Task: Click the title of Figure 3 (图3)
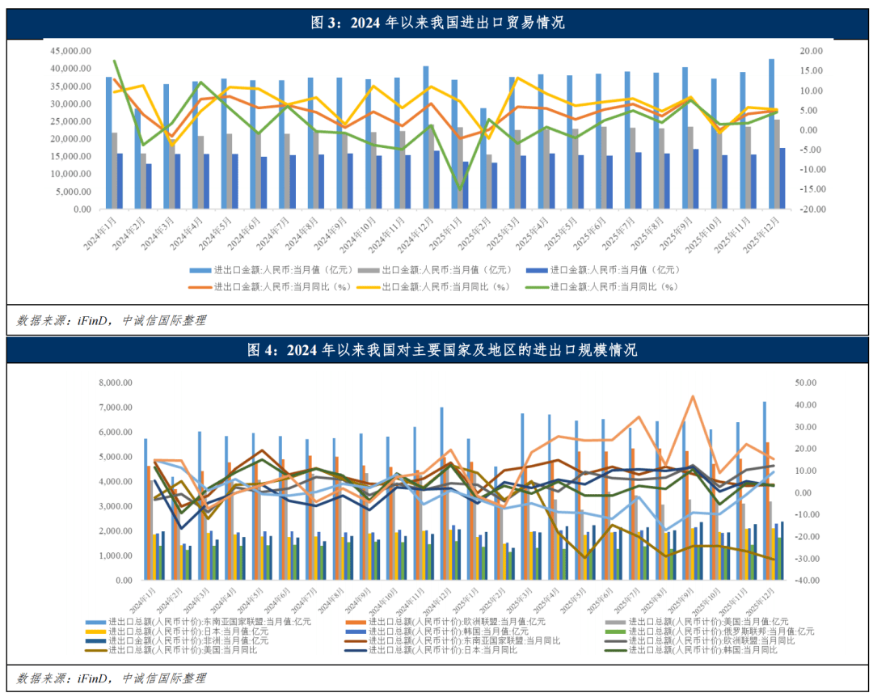tap(437, 22)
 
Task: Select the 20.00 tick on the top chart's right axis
tap(811, 50)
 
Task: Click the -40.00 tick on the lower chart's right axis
tap(808, 581)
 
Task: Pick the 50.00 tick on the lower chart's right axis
tap(808, 382)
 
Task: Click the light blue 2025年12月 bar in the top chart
tap(771, 133)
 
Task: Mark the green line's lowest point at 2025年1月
tap(460, 189)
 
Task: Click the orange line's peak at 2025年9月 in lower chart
tap(692, 396)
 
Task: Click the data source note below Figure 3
tap(112, 320)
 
